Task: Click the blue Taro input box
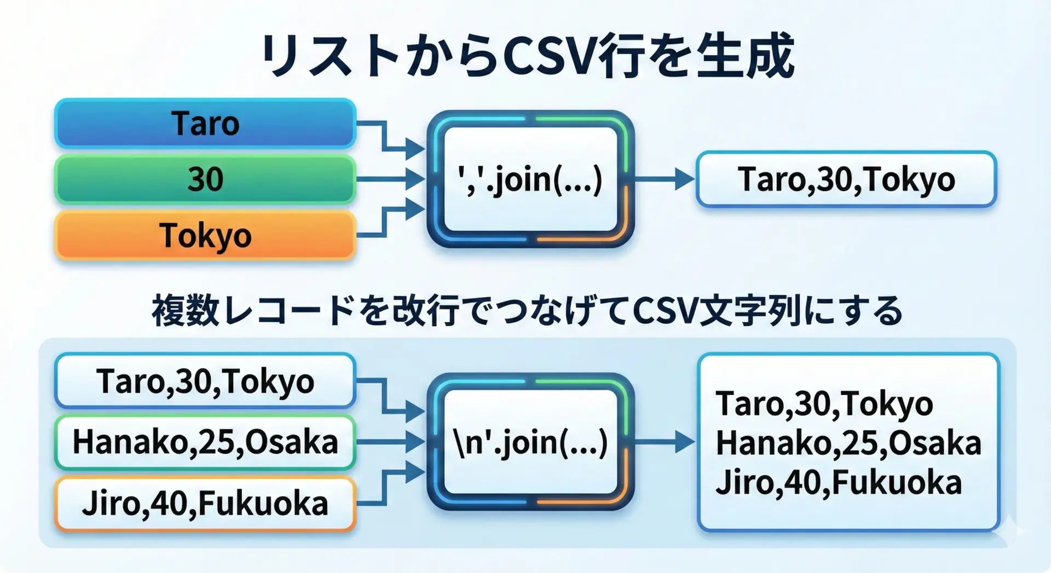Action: coord(205,123)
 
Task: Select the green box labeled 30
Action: coord(205,179)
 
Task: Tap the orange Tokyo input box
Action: coord(205,235)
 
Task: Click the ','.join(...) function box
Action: coord(530,179)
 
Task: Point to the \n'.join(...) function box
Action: coord(530,442)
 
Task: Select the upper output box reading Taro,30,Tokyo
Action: coord(846,179)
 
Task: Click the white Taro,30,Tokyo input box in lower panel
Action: coord(205,381)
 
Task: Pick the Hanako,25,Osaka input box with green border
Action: coord(205,442)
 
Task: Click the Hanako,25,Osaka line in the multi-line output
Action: coord(848,442)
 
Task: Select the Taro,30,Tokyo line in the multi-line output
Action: coord(824,403)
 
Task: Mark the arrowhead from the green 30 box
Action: coord(415,179)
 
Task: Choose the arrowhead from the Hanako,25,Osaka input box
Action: coord(415,442)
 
